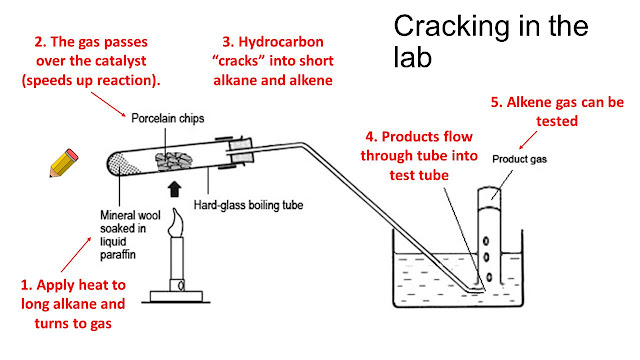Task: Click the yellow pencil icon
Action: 63,162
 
